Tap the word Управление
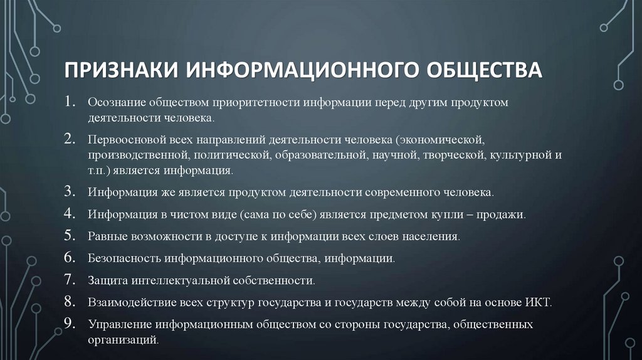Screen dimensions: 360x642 point(120,325)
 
